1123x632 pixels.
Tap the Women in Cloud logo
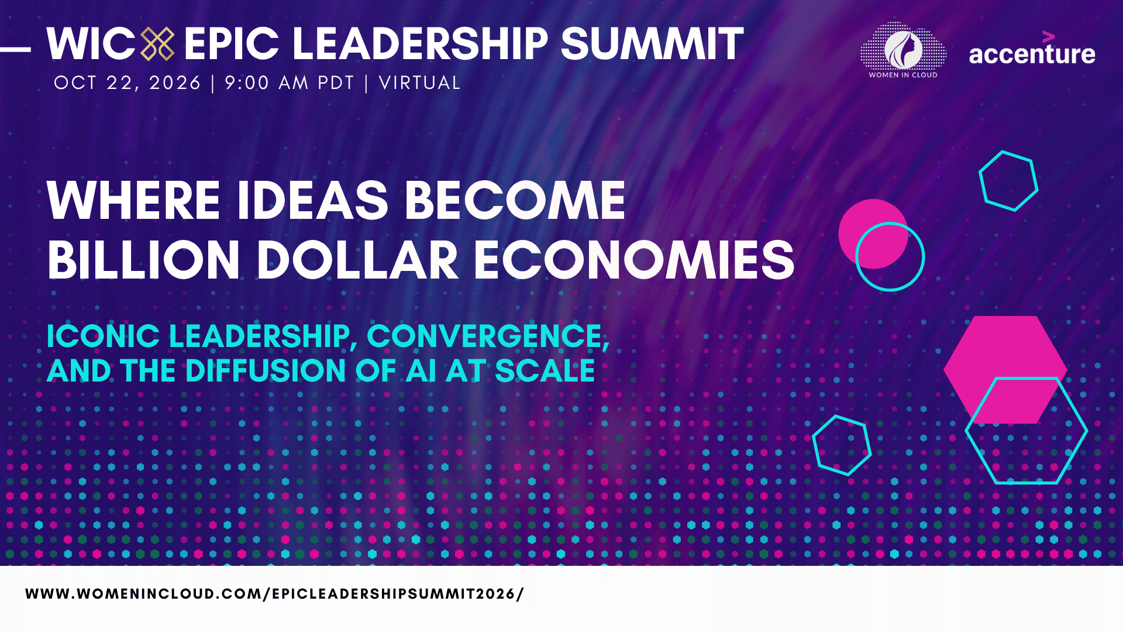(903, 50)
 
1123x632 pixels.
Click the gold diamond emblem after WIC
(157, 44)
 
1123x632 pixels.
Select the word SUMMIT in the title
(652, 44)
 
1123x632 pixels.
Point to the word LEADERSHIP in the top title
(420, 44)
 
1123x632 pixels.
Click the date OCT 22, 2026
(128, 83)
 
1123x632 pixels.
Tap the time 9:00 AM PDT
(290, 83)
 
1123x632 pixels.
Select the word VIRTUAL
(420, 83)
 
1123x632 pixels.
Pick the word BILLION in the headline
(144, 260)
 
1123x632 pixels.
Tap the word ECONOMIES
(634, 260)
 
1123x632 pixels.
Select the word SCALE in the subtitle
(545, 370)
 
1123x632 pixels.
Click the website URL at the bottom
(274, 594)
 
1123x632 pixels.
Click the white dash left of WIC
(15, 50)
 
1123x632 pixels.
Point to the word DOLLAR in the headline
(357, 260)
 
